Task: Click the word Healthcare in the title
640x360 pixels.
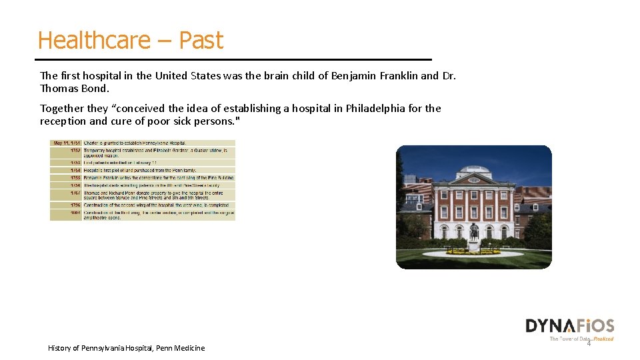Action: (94, 41)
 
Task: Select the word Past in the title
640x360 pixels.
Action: (201, 41)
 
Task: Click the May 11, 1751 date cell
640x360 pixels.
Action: (66, 143)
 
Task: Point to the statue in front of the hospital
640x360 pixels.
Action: (473, 233)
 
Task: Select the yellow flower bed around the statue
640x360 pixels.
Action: (473, 253)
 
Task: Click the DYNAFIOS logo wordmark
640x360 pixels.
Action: (569, 326)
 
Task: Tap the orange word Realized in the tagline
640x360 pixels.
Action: (603, 339)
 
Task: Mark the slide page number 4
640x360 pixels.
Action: (589, 344)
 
